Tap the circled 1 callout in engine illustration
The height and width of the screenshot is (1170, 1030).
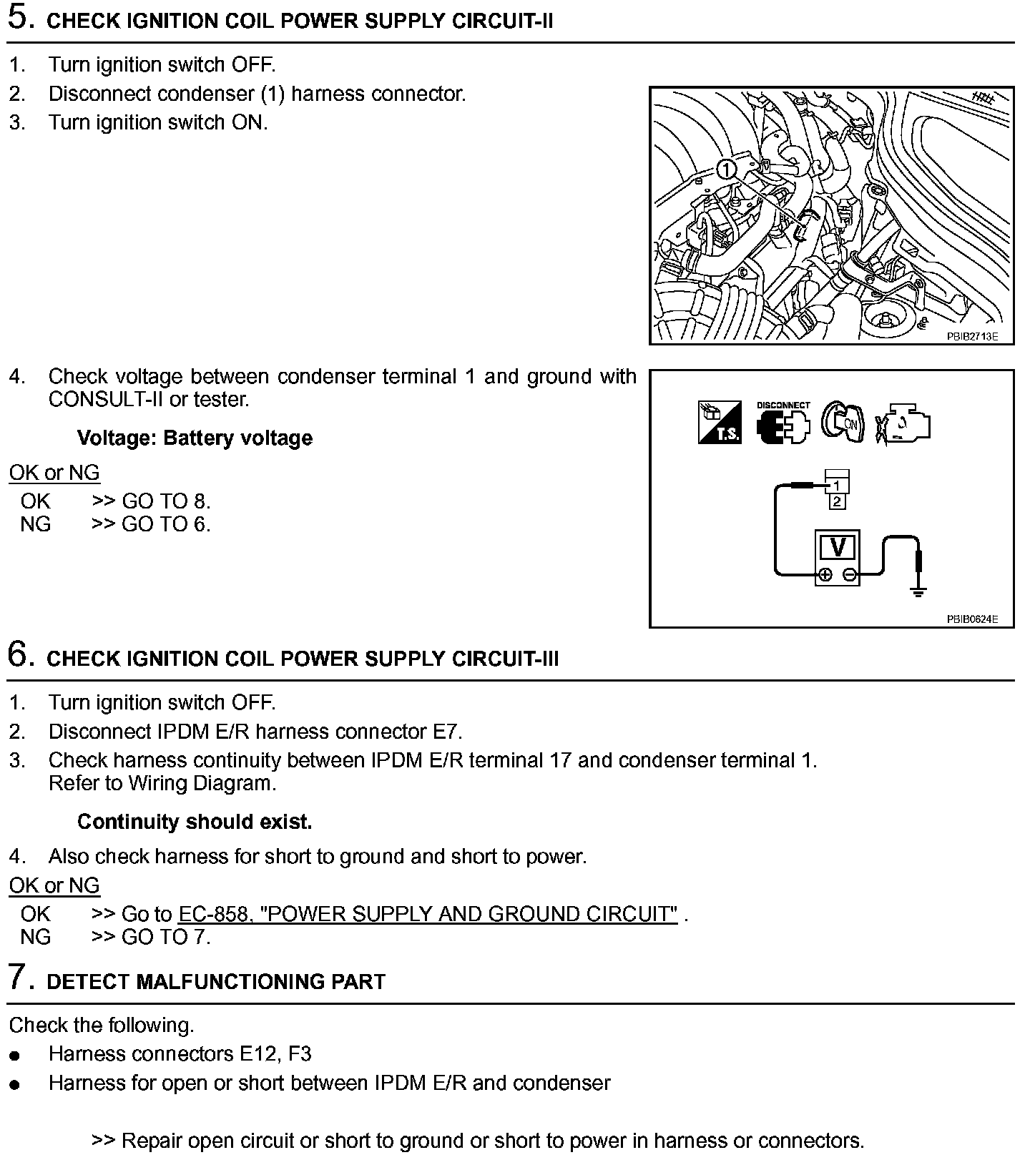[x=726, y=169]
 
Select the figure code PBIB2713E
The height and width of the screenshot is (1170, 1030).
[x=972, y=335]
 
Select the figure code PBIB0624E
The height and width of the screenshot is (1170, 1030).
[x=972, y=619]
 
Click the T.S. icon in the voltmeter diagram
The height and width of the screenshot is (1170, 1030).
[x=720, y=423]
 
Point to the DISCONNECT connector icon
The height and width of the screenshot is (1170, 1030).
[x=783, y=423]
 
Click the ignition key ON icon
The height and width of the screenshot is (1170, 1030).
[x=843, y=423]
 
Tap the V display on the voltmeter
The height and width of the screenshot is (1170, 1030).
[x=838, y=547]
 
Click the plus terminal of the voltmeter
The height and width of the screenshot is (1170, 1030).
[x=825, y=575]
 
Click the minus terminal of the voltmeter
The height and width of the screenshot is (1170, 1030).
[x=849, y=575]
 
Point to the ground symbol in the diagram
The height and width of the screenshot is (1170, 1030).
[x=919, y=590]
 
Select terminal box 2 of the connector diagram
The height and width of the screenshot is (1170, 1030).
[x=837, y=501]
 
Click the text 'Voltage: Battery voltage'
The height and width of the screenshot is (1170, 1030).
[x=195, y=438]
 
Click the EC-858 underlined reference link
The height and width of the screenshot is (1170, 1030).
[x=428, y=914]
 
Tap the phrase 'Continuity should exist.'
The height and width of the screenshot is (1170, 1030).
[x=195, y=822]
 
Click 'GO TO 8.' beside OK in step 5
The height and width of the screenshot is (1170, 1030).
[x=166, y=501]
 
